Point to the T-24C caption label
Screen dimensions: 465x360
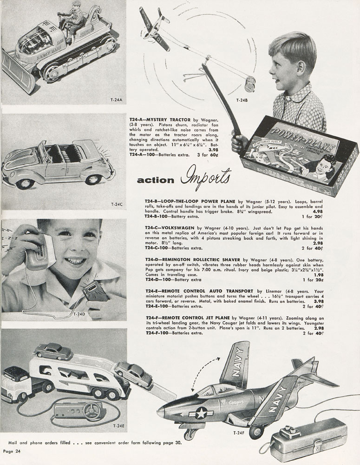(117, 204)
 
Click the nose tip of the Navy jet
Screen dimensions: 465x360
(159, 412)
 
